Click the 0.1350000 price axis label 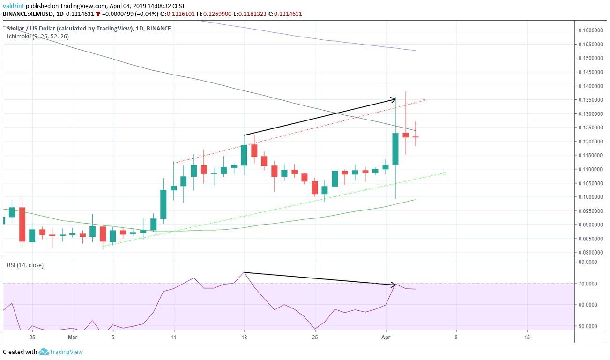pos(591,100)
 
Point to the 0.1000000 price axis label pos(591,197)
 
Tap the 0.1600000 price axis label pos(591,30)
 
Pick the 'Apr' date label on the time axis pos(385,337)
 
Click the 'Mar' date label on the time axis pos(73,337)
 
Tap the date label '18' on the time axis pos(244,337)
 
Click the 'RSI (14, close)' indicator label pos(25,265)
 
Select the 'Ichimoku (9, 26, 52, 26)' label pos(38,36)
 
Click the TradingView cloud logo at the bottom pos(44,352)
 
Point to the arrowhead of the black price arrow pos(394,99)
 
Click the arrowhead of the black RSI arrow pos(395,285)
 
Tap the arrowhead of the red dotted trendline pos(424,100)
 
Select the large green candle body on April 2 pos(395,149)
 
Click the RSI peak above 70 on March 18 pos(244,272)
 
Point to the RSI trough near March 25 pos(315,329)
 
